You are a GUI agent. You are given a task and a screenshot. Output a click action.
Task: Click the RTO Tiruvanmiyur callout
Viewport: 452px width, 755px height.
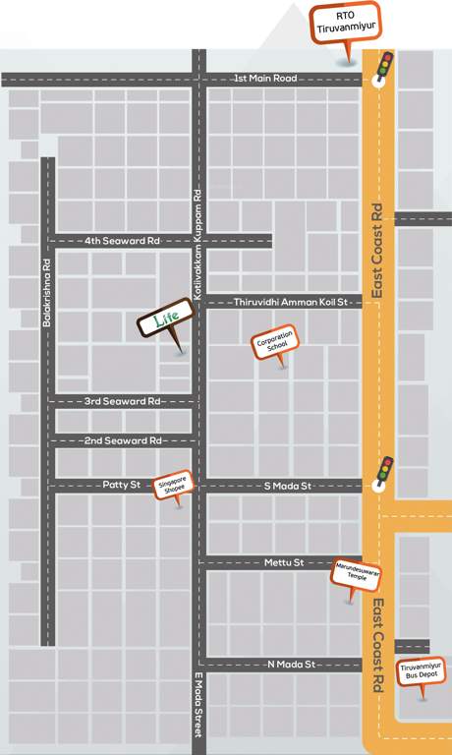(x=344, y=25)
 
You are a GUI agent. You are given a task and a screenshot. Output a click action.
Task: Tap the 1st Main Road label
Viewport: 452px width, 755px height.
(x=264, y=79)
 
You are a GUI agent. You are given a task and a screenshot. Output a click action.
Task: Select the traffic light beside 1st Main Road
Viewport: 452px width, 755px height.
(x=385, y=67)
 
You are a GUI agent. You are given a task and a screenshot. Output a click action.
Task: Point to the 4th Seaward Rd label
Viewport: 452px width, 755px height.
(x=122, y=241)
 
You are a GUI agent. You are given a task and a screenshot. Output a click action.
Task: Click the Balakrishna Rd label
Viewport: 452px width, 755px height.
(x=47, y=289)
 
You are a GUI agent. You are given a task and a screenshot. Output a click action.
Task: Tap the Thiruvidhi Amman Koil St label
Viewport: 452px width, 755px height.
(x=292, y=303)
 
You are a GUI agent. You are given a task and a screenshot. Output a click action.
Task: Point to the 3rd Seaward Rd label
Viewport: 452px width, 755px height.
(x=122, y=401)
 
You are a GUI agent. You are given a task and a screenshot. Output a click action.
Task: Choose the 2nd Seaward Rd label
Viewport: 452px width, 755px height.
(x=122, y=441)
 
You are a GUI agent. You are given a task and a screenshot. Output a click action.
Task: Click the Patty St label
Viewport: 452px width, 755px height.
(x=122, y=485)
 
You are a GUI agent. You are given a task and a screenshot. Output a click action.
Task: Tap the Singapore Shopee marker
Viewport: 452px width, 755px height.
(x=178, y=485)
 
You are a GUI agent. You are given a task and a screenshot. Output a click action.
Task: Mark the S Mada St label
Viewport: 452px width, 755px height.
(x=287, y=485)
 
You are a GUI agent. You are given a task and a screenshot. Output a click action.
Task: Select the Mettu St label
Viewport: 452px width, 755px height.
(x=285, y=562)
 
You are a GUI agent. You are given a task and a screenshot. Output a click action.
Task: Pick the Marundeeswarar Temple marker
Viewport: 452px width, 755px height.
(x=356, y=572)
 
